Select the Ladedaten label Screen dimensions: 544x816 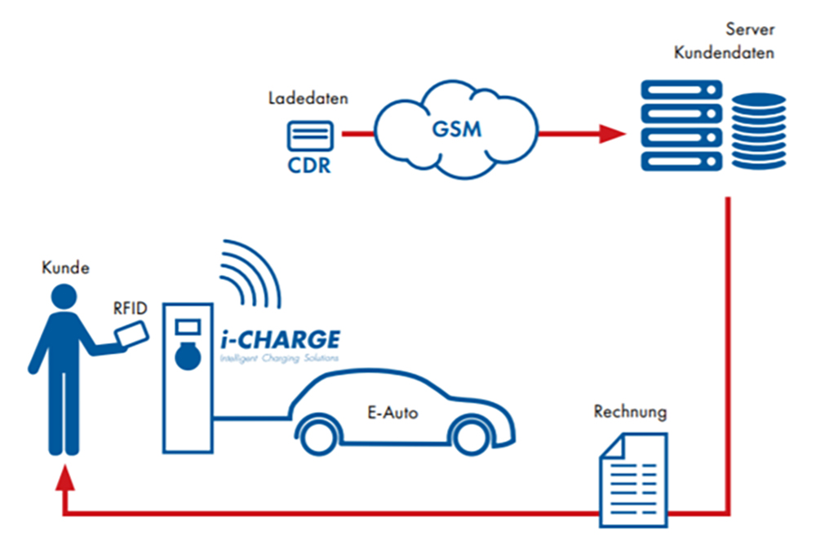pyautogui.click(x=308, y=99)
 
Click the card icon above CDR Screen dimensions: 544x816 pyautogui.click(x=309, y=135)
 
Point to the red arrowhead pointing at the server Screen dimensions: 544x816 pyautogui.click(x=611, y=133)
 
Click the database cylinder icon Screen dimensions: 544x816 pyautogui.click(x=758, y=130)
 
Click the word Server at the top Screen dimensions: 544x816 pyautogui.click(x=749, y=31)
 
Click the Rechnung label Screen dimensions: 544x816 pyautogui.click(x=629, y=412)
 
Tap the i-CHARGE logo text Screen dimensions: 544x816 pyautogui.click(x=279, y=338)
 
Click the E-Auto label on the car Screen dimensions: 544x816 pyautogui.click(x=392, y=414)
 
